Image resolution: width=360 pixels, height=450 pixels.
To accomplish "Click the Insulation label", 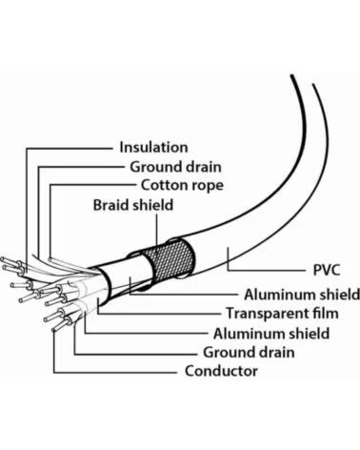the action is pos(153,148).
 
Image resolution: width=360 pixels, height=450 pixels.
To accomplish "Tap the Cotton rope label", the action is pos(182,185).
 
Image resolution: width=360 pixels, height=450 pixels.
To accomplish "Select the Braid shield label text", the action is pos(133,205).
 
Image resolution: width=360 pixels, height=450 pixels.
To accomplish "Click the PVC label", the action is pos(327,270).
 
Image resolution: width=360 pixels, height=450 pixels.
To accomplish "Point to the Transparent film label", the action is pos(282,314).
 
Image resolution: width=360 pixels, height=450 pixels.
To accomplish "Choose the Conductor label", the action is pos(221,371).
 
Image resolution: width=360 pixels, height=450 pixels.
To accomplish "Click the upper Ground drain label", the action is pos(175,167).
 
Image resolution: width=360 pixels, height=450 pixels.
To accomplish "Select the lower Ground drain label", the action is pos(249,353).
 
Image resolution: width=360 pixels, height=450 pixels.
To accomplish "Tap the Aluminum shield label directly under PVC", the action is pos(302,295).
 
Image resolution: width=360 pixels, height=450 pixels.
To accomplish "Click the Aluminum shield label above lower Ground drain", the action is pos(271,334).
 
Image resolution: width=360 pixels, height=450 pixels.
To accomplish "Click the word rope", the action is pos(207,186).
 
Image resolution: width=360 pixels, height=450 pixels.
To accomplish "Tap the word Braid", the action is pos(111,205).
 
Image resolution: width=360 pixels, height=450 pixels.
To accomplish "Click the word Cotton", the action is pos(164,185).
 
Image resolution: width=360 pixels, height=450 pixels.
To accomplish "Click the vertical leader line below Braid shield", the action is pos(157,231).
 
